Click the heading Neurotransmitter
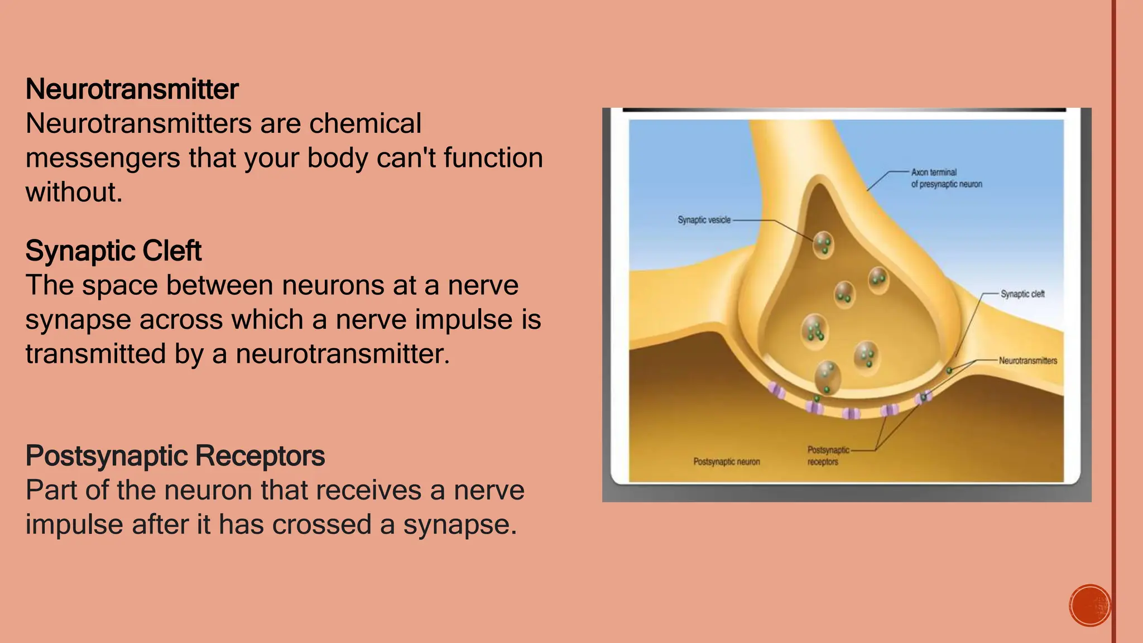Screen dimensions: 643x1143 point(132,89)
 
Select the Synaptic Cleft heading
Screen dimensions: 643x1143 point(113,251)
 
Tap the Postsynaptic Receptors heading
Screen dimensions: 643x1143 point(175,455)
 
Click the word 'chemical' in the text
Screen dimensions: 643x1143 point(365,123)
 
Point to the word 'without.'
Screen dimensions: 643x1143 point(74,192)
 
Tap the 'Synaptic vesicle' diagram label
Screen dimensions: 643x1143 point(704,220)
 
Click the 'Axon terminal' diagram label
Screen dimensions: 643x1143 point(934,172)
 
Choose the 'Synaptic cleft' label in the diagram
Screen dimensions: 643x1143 point(1022,294)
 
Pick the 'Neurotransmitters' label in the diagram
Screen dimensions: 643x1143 point(1028,361)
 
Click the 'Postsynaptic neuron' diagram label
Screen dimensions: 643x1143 point(727,462)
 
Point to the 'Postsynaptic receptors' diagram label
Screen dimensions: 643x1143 point(828,455)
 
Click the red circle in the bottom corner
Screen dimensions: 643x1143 point(1089,606)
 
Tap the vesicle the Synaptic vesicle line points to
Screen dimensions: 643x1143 point(823,244)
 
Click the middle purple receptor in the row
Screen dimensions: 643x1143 point(851,413)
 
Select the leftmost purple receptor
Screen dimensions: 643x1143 point(776,391)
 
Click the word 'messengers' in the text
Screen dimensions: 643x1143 point(103,158)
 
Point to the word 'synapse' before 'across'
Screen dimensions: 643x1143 point(78,320)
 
